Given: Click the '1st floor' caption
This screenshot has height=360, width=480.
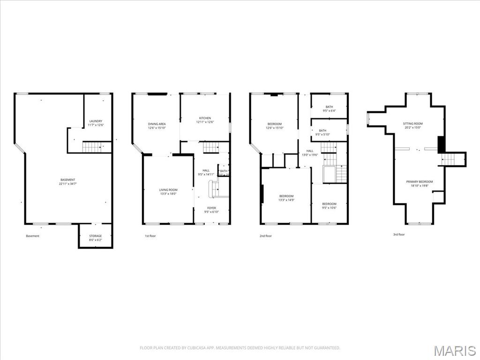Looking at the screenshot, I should [x=150, y=236].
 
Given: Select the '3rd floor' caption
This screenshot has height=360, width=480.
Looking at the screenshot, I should [x=398, y=234].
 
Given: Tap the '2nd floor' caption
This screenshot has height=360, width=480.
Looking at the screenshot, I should [x=265, y=236].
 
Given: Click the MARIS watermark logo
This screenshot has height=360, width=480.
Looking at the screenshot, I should [x=455, y=351].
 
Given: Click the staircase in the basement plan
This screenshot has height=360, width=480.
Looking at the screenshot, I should [x=92, y=147].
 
